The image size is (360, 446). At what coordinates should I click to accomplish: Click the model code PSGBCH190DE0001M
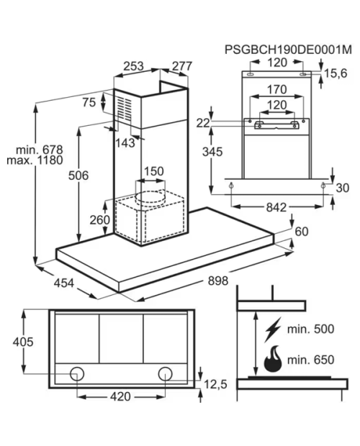tap(288, 50)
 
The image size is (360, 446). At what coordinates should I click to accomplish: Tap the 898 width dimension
tap(218, 281)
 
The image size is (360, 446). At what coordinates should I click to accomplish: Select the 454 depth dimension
tap(64, 283)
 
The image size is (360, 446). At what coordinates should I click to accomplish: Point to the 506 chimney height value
tap(78, 176)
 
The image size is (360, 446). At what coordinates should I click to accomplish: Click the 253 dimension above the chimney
tap(133, 66)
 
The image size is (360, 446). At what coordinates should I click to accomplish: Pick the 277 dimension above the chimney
tap(182, 66)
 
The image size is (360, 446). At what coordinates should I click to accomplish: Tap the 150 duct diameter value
tap(153, 171)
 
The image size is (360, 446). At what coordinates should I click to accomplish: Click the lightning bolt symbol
tap(273, 329)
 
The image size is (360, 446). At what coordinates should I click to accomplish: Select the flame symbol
tap(273, 359)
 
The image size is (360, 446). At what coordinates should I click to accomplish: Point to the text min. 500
tap(310, 329)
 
